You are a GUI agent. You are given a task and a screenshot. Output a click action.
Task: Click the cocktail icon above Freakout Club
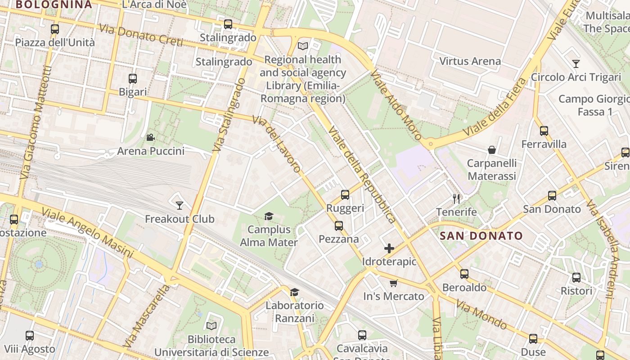click(x=180, y=206)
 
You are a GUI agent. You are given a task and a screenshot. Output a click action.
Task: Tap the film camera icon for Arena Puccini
click(x=151, y=137)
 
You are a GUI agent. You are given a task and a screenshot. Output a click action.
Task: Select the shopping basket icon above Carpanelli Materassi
click(x=491, y=149)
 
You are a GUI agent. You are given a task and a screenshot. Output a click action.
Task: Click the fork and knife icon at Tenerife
click(x=456, y=198)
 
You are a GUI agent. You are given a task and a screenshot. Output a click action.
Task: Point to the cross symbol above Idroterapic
click(x=389, y=248)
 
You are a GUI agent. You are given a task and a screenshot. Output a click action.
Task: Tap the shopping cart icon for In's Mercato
click(x=394, y=283)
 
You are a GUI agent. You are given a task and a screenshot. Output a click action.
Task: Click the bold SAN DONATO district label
click(x=481, y=236)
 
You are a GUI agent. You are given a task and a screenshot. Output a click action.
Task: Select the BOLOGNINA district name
click(x=54, y=5)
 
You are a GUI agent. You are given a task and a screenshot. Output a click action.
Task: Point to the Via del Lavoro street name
click(x=277, y=144)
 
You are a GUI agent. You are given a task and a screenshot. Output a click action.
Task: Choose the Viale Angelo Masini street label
click(x=88, y=233)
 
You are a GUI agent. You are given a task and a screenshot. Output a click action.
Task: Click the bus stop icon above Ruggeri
click(x=345, y=195)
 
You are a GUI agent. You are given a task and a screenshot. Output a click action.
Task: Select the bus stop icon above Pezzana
click(x=338, y=225)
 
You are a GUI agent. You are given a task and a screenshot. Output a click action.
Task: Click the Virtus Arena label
click(x=470, y=61)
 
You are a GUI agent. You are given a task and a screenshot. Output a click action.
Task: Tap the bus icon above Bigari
click(x=133, y=79)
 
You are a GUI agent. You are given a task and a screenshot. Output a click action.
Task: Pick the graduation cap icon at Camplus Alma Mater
click(x=269, y=216)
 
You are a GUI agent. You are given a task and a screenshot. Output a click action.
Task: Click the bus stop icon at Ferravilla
click(x=544, y=131)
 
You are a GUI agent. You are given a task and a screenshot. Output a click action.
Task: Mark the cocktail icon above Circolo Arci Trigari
click(x=576, y=63)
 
